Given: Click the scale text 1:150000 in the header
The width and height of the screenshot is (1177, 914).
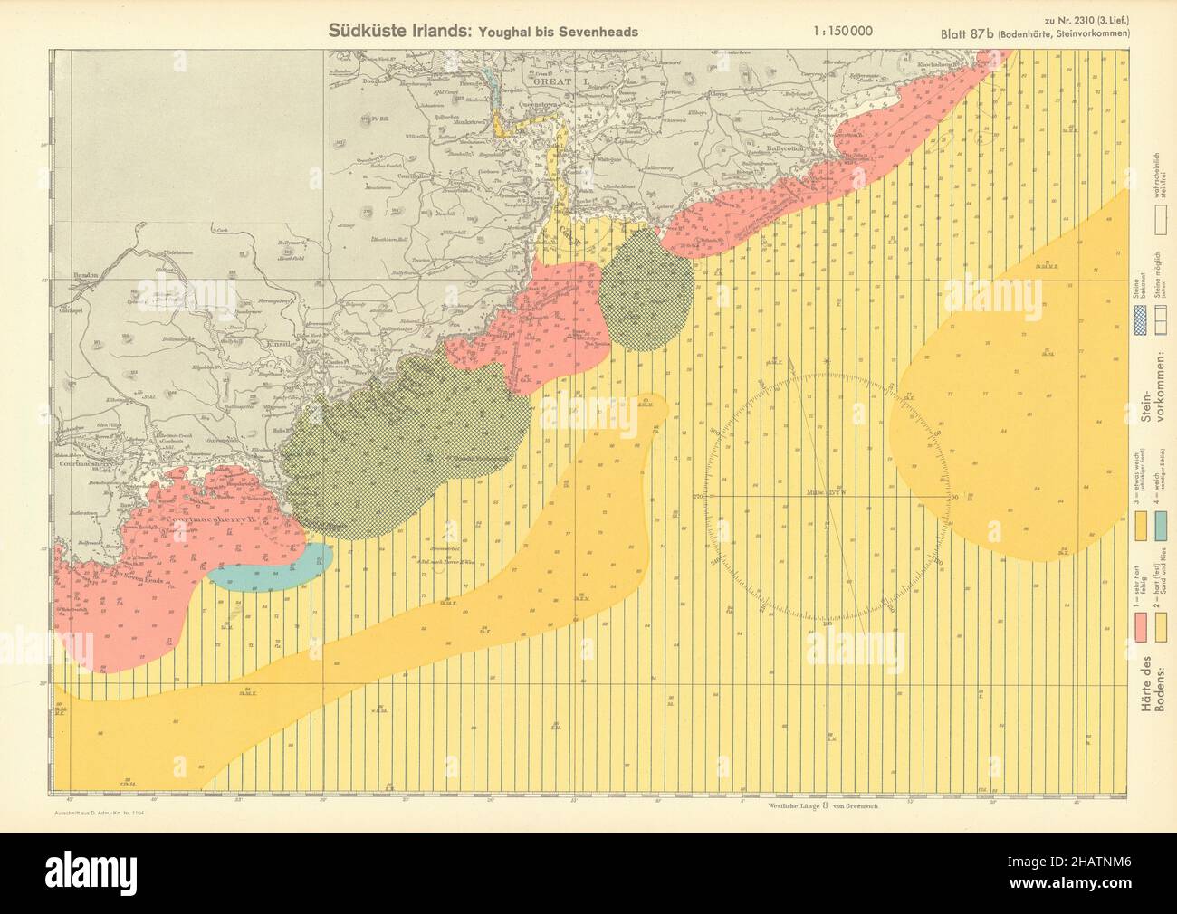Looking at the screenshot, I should click(x=844, y=30).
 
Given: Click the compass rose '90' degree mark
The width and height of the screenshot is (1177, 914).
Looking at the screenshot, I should click(x=953, y=497).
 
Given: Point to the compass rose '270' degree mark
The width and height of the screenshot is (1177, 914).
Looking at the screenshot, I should click(x=698, y=497).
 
